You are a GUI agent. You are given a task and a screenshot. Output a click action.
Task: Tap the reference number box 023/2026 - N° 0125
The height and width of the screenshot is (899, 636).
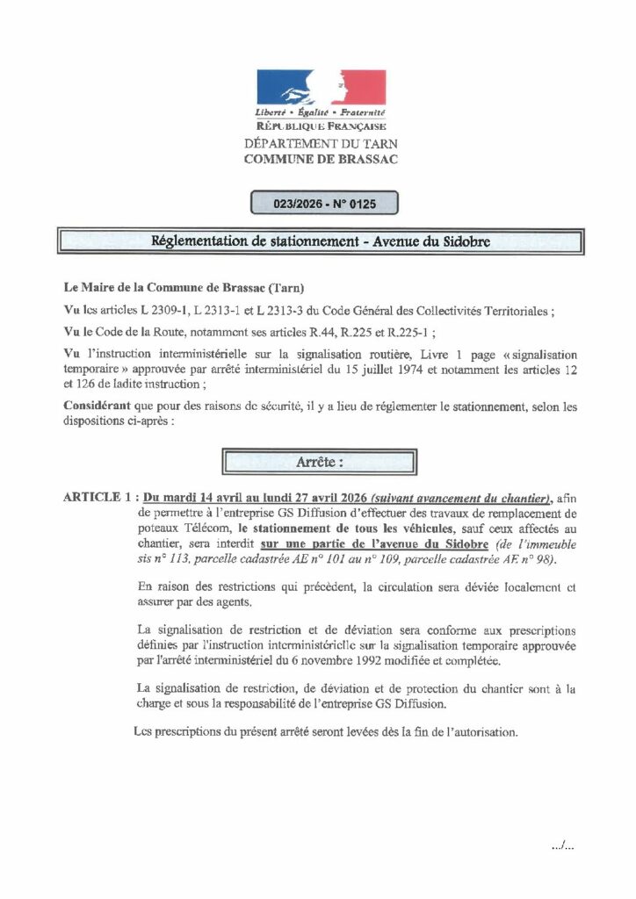(x=324, y=204)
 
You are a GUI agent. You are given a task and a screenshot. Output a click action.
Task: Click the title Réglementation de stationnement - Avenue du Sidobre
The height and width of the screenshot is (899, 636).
(x=321, y=241)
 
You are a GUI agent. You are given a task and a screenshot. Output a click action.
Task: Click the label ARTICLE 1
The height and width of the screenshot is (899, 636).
(x=100, y=496)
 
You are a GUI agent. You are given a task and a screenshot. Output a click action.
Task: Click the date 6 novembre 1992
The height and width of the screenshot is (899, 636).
(x=369, y=660)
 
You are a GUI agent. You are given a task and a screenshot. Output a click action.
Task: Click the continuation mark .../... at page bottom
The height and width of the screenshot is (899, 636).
(x=562, y=848)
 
